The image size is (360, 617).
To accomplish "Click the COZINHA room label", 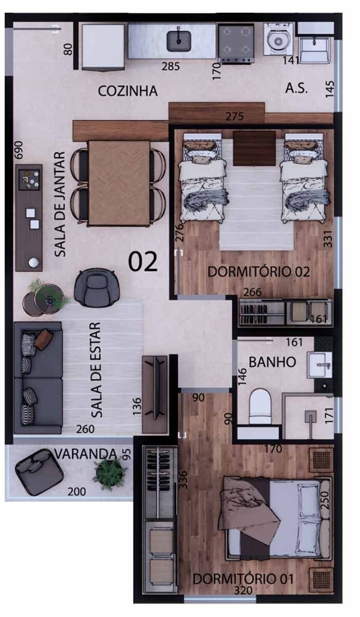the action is tap(128, 91).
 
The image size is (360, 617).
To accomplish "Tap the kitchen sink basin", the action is tap(179, 41).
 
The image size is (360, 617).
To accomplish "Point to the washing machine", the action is tap(278, 39).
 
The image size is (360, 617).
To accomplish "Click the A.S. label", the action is tap(296, 89).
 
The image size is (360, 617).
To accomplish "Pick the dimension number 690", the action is tap(19, 150).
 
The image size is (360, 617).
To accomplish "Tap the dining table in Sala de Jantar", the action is tap(119, 183).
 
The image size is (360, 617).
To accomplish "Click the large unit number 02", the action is tap(143, 261).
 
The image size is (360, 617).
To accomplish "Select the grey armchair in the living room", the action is tap(96, 288).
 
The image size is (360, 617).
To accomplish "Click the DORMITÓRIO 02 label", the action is tap(259, 272).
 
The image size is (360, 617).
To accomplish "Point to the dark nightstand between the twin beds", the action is tap(255, 148).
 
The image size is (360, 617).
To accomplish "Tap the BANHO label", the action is tap(272, 362).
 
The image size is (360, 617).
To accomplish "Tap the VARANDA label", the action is tap(86, 454).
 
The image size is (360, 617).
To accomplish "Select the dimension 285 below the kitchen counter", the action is tap(171, 67).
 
